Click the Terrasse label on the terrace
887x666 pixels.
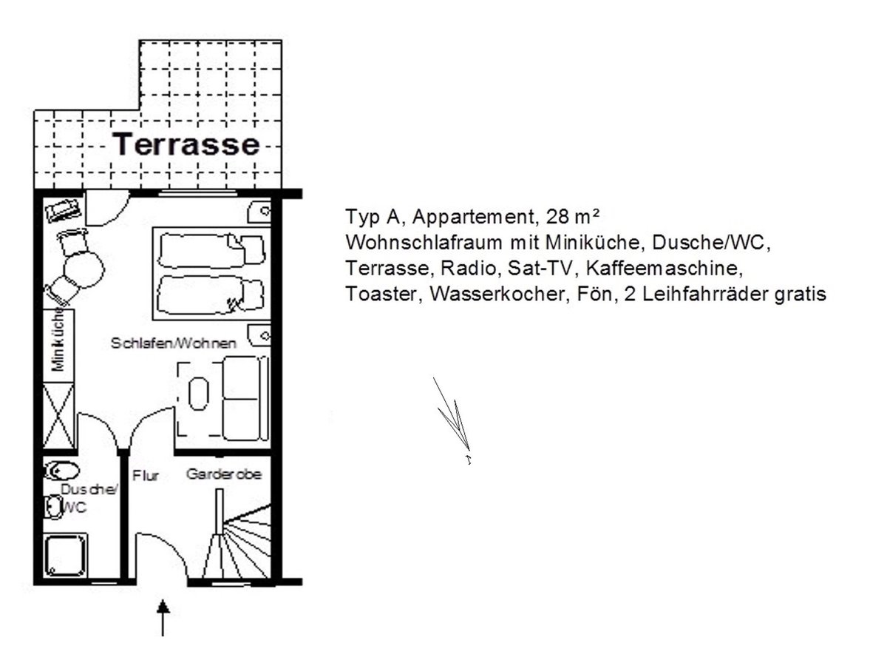[x=186, y=144]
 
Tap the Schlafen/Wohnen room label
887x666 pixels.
[x=174, y=343]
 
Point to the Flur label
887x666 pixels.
[x=146, y=476]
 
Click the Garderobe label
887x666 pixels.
[x=224, y=474]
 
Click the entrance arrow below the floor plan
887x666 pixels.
[x=163, y=617]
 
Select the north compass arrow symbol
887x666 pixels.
[x=452, y=420]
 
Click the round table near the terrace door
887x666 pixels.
[x=84, y=269]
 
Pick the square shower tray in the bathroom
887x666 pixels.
[x=65, y=555]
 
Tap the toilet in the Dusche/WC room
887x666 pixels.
[x=61, y=471]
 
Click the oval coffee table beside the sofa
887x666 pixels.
[x=198, y=394]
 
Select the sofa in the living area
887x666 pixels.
[x=245, y=398]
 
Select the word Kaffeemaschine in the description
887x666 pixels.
[x=665, y=268]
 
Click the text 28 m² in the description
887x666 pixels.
[x=572, y=217]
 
